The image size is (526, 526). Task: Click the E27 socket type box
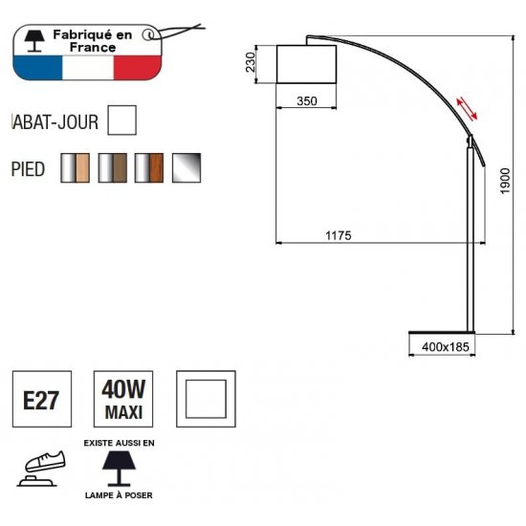[42, 399]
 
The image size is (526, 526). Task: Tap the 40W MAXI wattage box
[123, 399]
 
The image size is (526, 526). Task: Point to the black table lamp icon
[119, 469]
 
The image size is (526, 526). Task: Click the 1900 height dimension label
[505, 181]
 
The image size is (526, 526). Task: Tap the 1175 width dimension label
[339, 235]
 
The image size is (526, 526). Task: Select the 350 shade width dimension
[307, 101]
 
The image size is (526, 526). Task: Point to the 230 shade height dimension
[251, 62]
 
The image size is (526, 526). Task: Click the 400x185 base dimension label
[446, 347]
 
